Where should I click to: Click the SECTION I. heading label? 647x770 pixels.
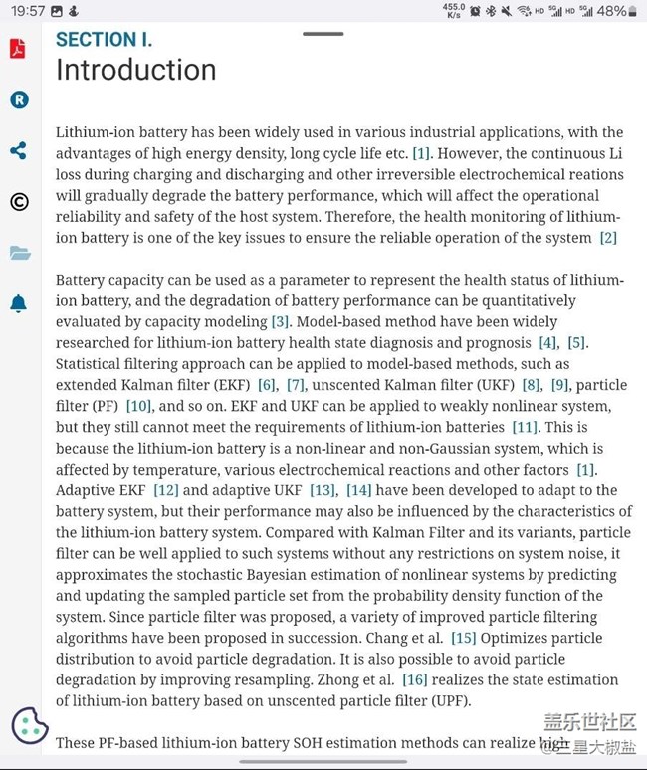point(104,40)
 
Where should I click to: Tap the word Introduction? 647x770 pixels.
point(135,70)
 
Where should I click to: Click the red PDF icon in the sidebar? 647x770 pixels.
point(18,49)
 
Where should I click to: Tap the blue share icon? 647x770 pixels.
point(18,151)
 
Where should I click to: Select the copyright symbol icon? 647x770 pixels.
point(19,202)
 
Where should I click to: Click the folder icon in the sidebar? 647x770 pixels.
point(20,253)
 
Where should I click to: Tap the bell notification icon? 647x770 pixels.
point(19,303)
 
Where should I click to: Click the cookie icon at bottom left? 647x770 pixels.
point(30,725)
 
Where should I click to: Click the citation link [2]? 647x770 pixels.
point(608,238)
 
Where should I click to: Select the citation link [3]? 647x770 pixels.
point(281,322)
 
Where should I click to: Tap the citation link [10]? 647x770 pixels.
point(138,406)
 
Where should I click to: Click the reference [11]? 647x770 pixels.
point(525,427)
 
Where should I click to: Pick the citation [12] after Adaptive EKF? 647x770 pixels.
point(165,490)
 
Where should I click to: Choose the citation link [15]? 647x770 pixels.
point(464,638)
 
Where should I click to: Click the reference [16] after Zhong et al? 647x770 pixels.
point(414,680)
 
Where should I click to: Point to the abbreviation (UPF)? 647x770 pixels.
point(454,701)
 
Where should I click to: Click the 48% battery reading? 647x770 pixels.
point(611,11)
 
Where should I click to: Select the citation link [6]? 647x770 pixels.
point(266,385)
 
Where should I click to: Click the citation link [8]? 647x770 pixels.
point(532,385)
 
